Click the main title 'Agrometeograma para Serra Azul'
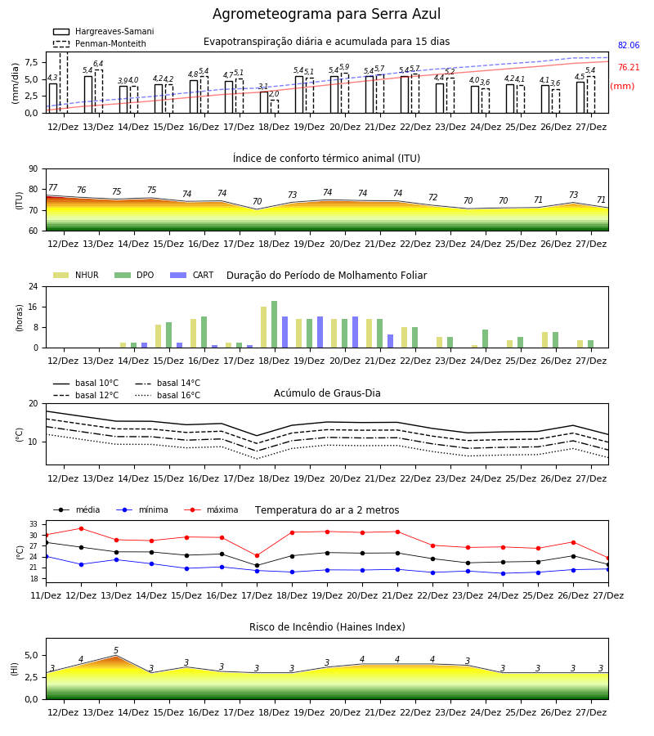(x=326, y=14)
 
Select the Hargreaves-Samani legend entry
(x=103, y=31)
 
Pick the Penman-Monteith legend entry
(x=100, y=43)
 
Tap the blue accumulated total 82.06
(x=629, y=46)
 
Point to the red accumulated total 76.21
(x=629, y=68)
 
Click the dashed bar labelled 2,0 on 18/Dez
(x=275, y=106)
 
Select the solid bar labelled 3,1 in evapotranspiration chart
(x=264, y=102)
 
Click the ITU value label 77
(x=52, y=187)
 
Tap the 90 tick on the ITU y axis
(x=34, y=169)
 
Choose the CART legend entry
(x=191, y=275)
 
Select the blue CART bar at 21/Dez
(x=390, y=341)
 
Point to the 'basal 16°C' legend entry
(x=168, y=395)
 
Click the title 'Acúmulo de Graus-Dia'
(x=327, y=393)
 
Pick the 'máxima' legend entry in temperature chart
(x=211, y=509)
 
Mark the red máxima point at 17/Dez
(x=257, y=556)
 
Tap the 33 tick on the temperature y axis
(x=34, y=524)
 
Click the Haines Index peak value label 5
(x=116, y=651)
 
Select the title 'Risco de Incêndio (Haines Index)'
(x=327, y=627)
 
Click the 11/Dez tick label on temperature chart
(x=46, y=595)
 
